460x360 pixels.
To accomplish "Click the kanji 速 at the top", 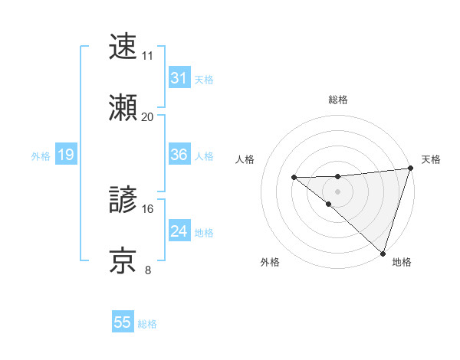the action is [x=123, y=47].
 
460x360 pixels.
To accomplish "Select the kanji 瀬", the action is [x=123, y=108].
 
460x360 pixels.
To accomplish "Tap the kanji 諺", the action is [x=123, y=201].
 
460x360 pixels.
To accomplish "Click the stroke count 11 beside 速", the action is [x=147, y=56].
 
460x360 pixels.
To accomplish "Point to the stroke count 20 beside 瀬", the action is [x=147, y=116].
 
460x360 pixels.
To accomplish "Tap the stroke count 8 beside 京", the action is [x=147, y=270].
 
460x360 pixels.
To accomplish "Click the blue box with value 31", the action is [x=179, y=78].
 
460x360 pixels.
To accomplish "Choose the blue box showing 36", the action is [x=179, y=155].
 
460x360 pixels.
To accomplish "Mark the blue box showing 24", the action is [x=179, y=231].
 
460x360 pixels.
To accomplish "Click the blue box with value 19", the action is [x=65, y=155].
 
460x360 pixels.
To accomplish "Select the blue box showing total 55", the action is [x=123, y=322].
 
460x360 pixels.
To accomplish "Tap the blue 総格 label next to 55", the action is [x=147, y=324].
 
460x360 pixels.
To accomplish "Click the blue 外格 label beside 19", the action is [x=41, y=156].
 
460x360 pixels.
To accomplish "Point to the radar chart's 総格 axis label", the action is [x=337, y=100].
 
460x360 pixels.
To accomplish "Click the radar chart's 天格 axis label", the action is [x=431, y=159].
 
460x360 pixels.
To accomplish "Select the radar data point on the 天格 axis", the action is [x=409, y=169].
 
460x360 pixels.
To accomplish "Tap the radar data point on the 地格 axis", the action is [x=382, y=252].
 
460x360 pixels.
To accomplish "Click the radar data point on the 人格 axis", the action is [x=294, y=178].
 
